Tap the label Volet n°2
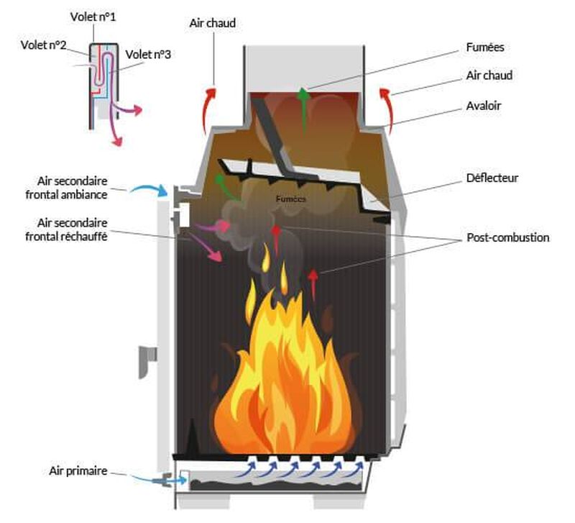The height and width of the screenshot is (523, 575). [44, 45]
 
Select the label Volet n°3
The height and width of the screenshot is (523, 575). [149, 54]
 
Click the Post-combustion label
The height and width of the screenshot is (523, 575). [507, 237]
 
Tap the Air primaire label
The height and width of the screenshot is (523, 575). [78, 471]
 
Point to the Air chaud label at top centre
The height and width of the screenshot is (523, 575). [213, 23]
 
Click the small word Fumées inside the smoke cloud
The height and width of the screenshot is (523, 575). [290, 198]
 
